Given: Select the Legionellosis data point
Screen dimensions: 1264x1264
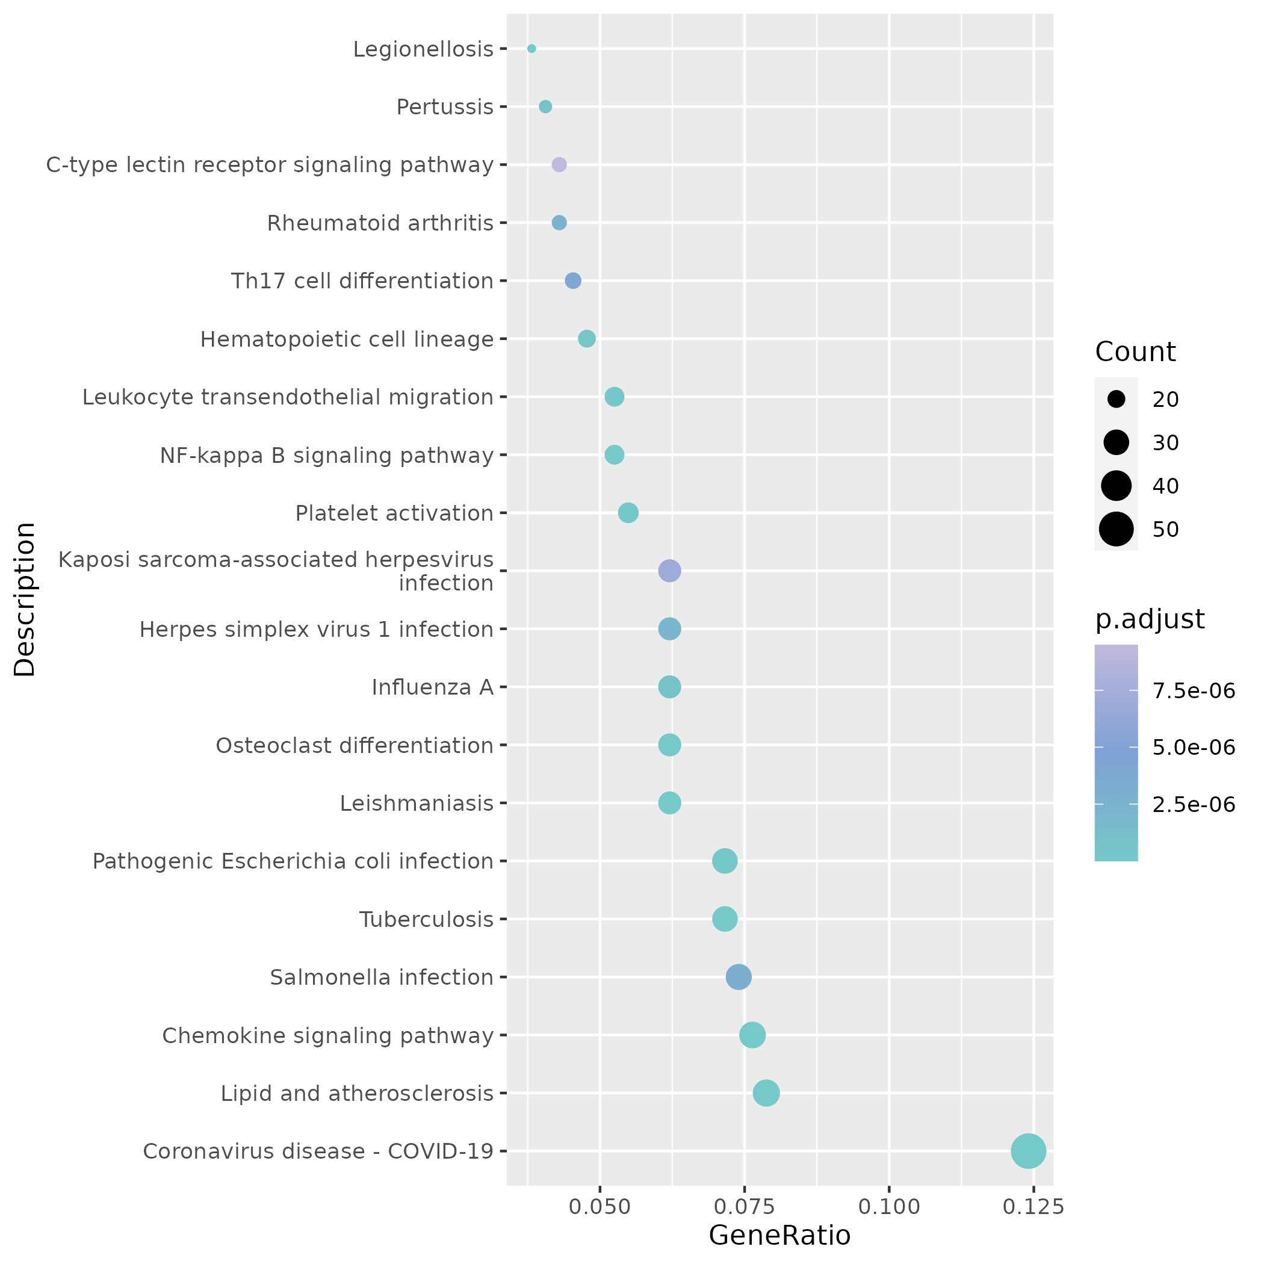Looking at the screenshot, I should [531, 48].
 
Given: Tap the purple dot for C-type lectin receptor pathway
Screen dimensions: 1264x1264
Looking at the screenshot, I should [559, 165].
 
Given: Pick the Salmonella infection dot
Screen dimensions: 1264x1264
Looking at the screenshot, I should [739, 977].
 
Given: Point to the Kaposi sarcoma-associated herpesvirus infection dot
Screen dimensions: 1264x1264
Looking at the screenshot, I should [669, 571].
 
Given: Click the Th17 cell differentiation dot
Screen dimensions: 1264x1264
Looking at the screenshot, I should [572, 281].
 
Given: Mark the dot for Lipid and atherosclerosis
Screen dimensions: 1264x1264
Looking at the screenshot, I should [766, 1093].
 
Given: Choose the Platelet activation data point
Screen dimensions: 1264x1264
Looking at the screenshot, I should [628, 513].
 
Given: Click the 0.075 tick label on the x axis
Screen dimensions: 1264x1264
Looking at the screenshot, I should [744, 1207].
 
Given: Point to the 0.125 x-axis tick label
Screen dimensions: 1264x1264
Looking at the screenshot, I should [1033, 1207].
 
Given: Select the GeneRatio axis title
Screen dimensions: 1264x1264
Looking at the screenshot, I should [779, 1236].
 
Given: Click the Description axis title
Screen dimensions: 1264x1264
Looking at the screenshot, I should [25, 599].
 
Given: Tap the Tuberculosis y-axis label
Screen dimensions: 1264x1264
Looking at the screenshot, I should [426, 920].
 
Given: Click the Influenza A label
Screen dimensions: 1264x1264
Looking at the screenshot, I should [432, 687].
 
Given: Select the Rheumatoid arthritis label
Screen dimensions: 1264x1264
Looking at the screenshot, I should [380, 224].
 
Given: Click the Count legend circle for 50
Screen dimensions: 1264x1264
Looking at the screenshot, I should [1116, 529].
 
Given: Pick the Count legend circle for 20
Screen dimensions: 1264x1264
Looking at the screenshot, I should [1116, 399].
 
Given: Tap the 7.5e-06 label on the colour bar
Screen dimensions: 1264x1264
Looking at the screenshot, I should [1194, 691].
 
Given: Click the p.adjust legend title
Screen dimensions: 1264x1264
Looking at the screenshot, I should [1150, 619].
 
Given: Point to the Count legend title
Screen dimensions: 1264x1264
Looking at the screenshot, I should [1135, 352].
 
